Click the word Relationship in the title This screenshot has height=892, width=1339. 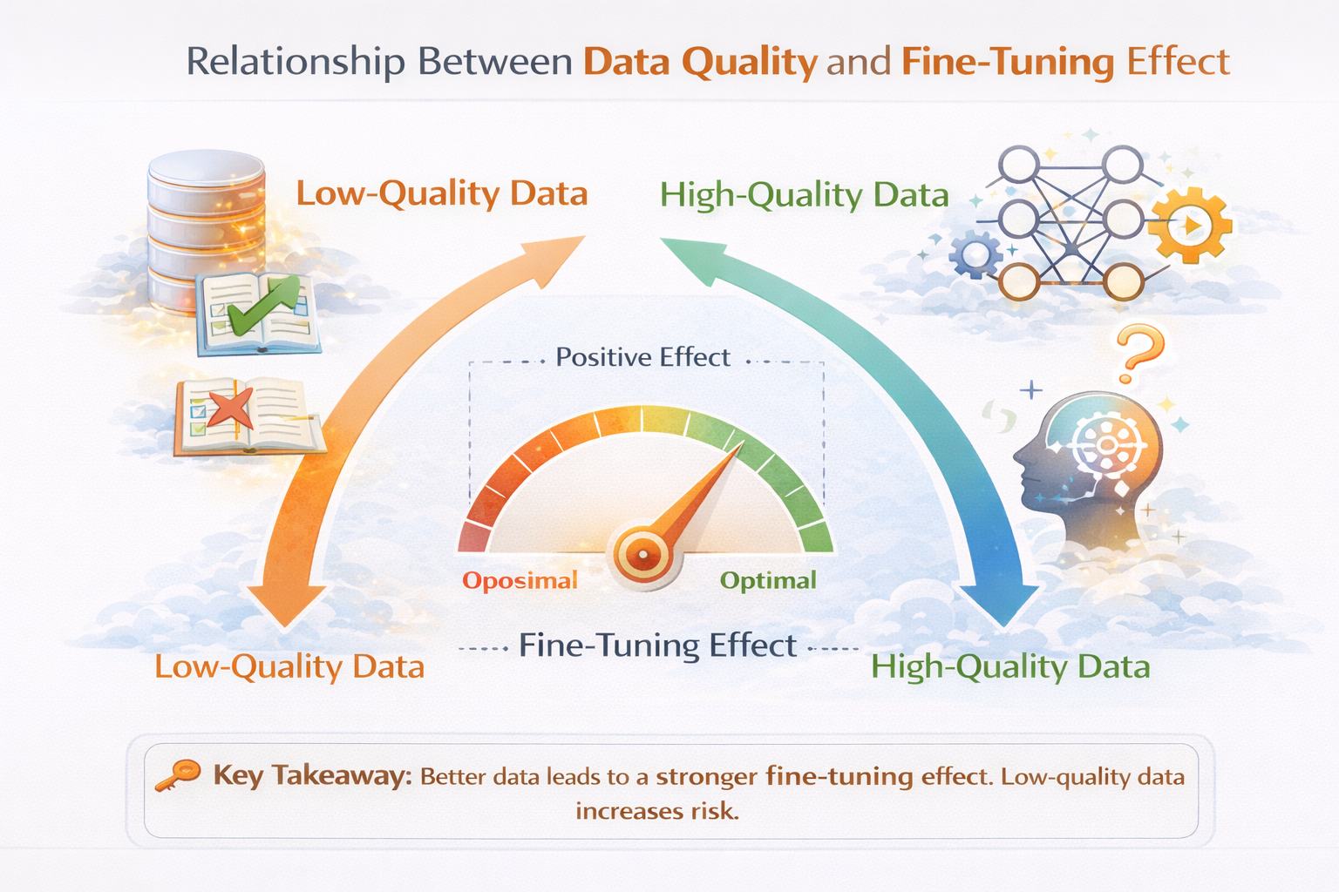click(x=295, y=62)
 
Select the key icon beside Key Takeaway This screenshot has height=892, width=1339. click(x=178, y=775)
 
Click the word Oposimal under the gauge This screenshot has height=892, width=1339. click(x=520, y=581)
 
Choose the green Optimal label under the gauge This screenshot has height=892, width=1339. click(x=768, y=581)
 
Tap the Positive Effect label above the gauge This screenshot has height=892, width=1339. click(x=642, y=357)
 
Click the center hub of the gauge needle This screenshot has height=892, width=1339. click(x=643, y=554)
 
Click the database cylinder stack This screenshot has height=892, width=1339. click(x=207, y=230)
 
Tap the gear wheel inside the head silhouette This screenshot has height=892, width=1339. click(x=1107, y=445)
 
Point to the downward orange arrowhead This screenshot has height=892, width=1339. click(x=286, y=605)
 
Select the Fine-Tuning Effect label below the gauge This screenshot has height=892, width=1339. click(x=657, y=645)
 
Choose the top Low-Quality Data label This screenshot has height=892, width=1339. click(x=442, y=194)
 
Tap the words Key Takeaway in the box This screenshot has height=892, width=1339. click(x=313, y=776)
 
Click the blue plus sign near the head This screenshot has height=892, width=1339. click(x=1031, y=390)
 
